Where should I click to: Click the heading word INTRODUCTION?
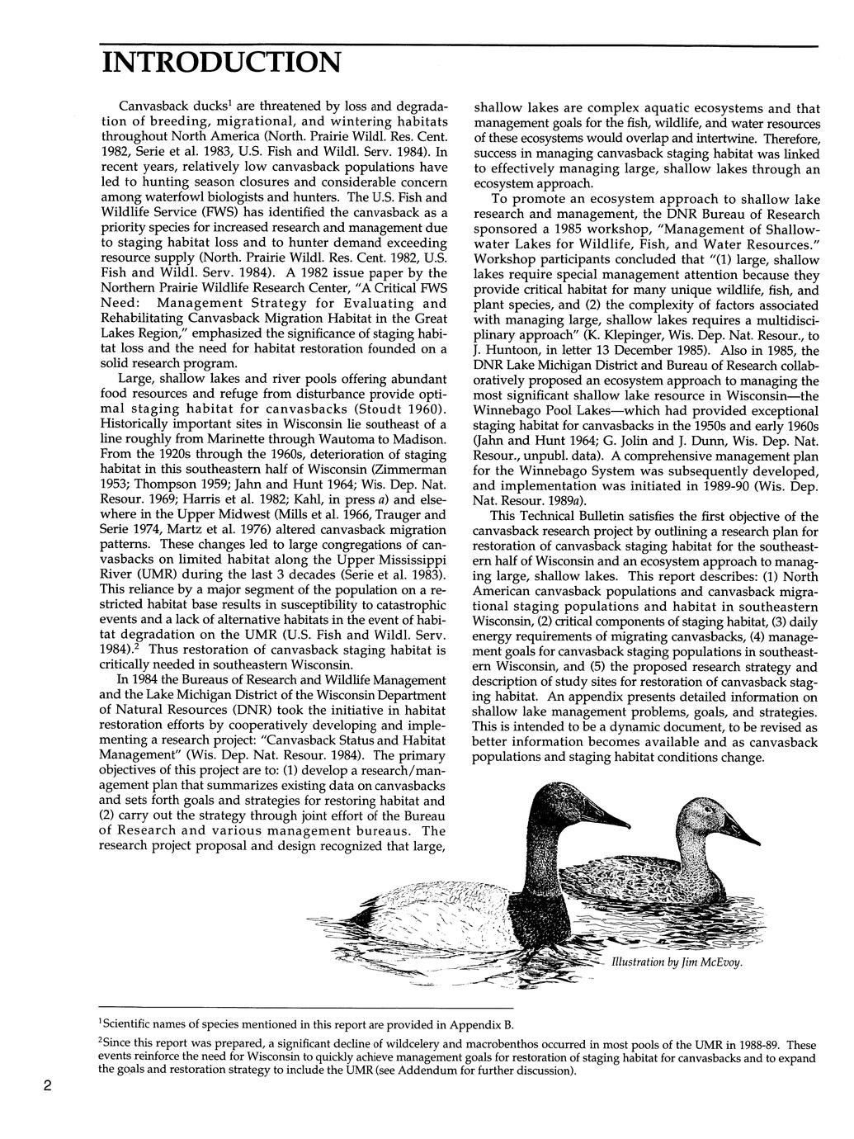pyautogui.click(x=220, y=63)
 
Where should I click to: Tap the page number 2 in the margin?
pyautogui.click(x=49, y=1086)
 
